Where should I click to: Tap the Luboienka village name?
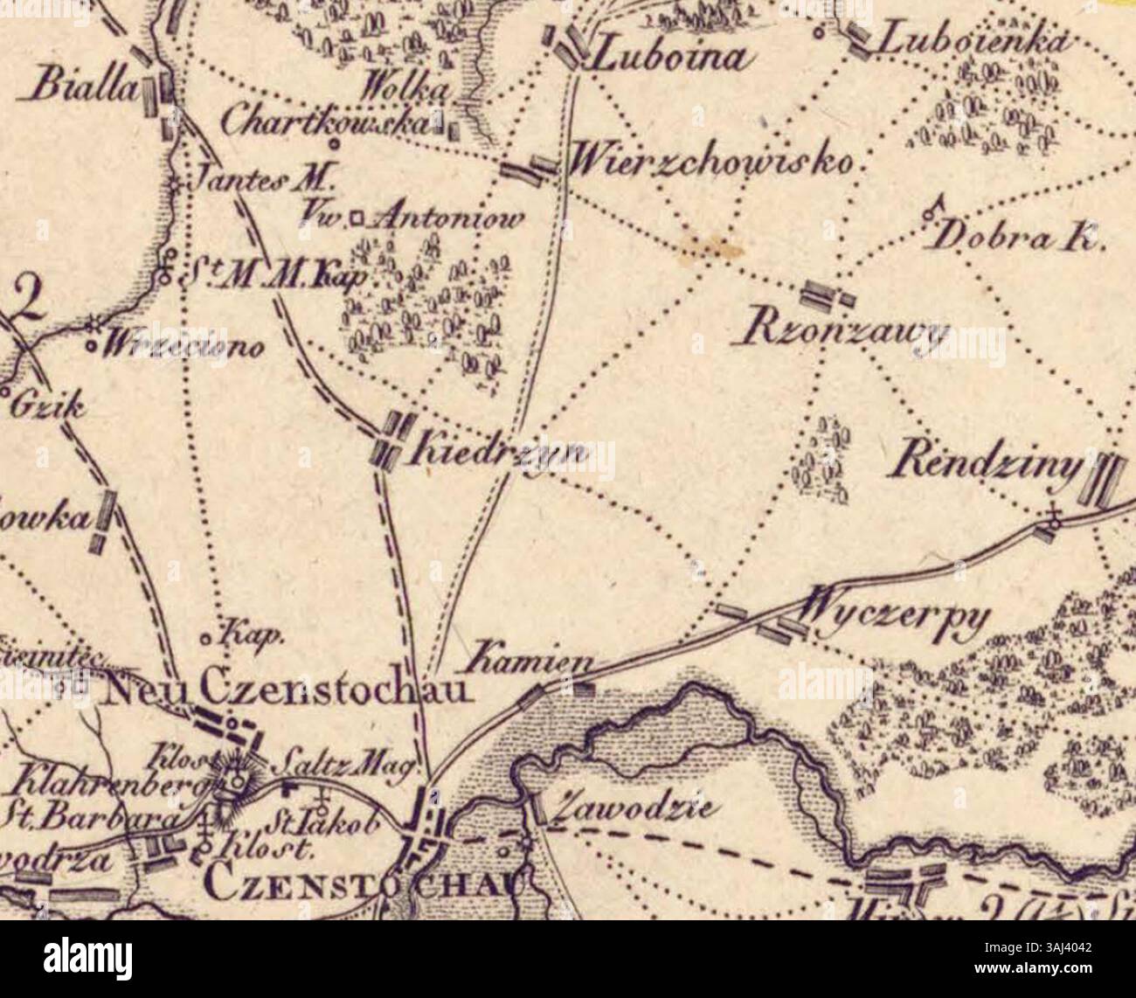click(973, 40)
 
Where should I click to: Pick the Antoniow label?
click(448, 218)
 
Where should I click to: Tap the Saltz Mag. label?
click(335, 766)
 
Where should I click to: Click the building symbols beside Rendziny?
click(1104, 480)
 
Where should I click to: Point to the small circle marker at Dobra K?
click(928, 211)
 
